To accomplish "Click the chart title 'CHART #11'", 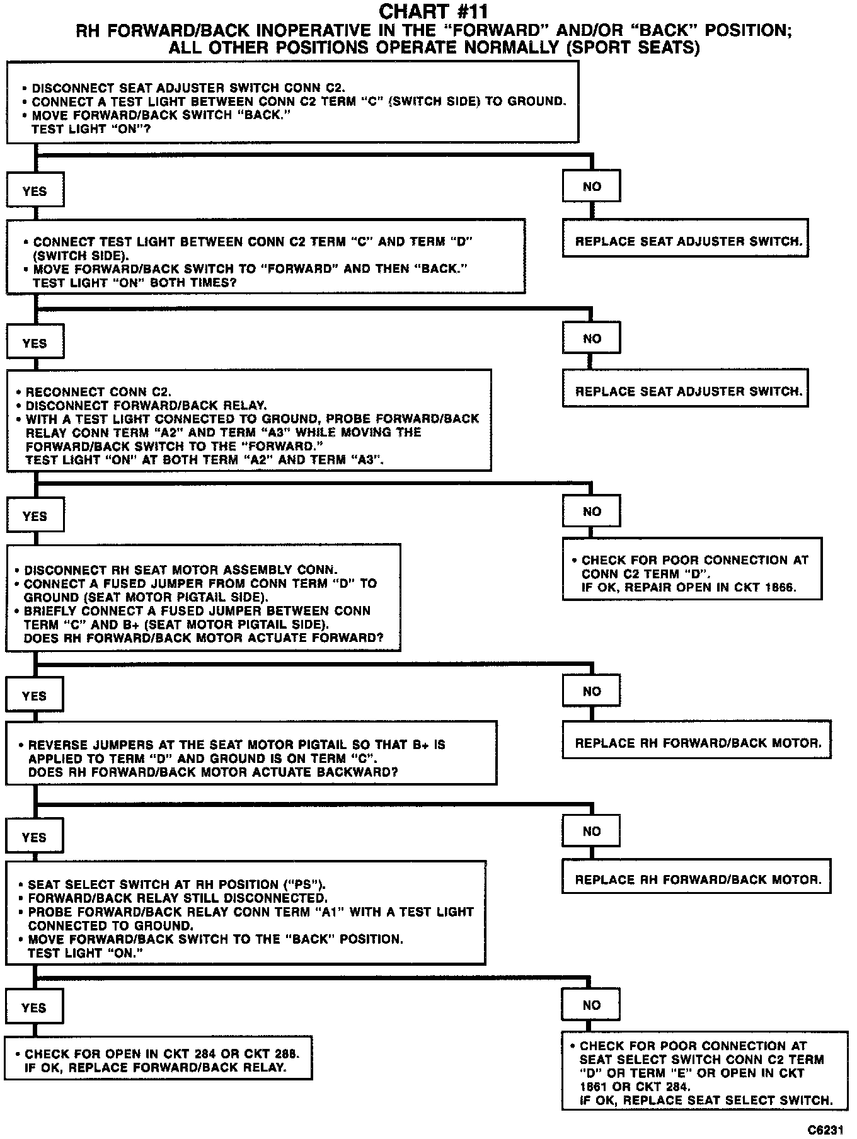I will point(433,11).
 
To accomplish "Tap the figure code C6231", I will point(826,1130).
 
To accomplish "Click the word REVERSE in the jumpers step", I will point(55,745).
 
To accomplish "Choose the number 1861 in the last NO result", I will point(594,1086).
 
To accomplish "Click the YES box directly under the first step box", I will point(35,192).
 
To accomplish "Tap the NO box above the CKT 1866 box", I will point(591,512).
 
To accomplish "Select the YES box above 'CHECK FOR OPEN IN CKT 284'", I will point(34,1007).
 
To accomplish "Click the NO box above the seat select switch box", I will point(591,1005).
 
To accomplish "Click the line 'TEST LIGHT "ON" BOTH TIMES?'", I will point(134,283).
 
